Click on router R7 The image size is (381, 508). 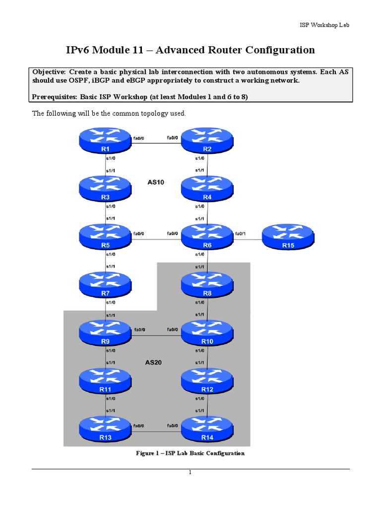click(x=105, y=285)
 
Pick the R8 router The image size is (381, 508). click(x=207, y=285)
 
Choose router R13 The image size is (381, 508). click(x=105, y=429)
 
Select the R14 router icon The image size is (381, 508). click(x=207, y=429)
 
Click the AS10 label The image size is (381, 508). click(x=156, y=182)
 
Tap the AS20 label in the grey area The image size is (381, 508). click(x=154, y=363)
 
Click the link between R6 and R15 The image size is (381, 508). click(x=248, y=240)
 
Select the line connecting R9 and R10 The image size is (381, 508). click(x=156, y=336)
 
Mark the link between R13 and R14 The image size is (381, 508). click(x=156, y=432)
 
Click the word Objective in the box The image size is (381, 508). click(x=48, y=71)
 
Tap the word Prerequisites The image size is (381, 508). click(x=55, y=97)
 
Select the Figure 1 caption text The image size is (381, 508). click(x=190, y=453)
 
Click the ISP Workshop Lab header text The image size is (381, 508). click(x=325, y=25)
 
